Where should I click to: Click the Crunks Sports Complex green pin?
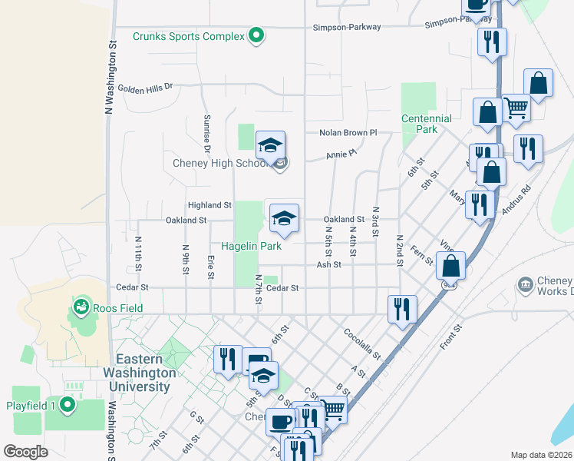(x=256, y=35)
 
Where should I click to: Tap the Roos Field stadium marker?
(x=80, y=308)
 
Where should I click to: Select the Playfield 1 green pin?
(x=68, y=404)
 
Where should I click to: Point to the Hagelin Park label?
(x=251, y=247)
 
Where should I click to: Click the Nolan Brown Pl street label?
(x=349, y=133)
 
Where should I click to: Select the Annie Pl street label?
(x=341, y=154)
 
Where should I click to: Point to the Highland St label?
(x=210, y=205)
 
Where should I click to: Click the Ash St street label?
(x=328, y=265)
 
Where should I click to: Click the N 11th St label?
(x=138, y=251)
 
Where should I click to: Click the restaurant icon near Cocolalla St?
(x=402, y=309)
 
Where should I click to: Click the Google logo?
(x=25, y=452)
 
